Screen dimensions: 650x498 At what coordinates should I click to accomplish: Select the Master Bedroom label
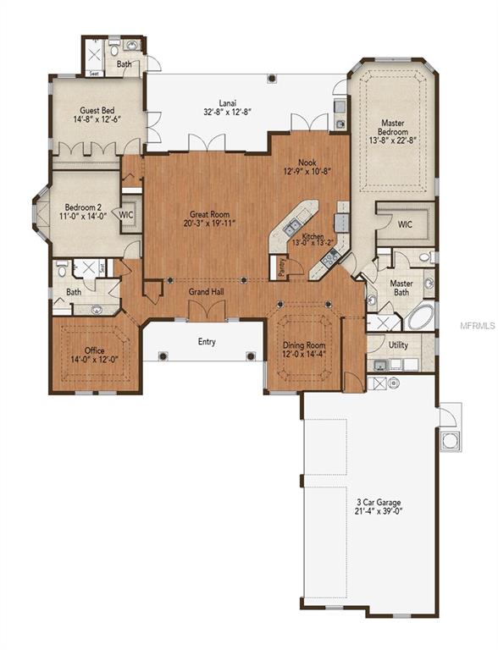[393, 128]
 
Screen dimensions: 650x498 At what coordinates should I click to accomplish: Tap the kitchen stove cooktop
[342, 223]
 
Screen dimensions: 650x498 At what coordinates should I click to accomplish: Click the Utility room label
[398, 345]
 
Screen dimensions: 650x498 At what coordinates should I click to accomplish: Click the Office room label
[94, 350]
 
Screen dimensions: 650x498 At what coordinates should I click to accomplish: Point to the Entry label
[207, 342]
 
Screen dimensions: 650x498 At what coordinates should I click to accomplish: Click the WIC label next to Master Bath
[406, 224]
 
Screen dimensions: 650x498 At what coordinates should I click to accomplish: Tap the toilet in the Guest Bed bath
[136, 45]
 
